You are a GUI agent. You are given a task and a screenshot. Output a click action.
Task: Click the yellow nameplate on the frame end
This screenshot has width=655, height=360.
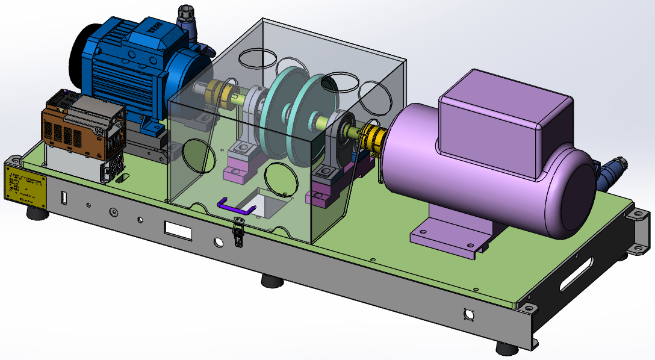(x=25, y=185)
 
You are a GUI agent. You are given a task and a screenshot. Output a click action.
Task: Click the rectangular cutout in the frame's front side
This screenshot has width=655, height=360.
(x=178, y=230)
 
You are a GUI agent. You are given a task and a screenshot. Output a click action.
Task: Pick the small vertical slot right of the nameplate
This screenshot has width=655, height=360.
(x=64, y=197)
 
